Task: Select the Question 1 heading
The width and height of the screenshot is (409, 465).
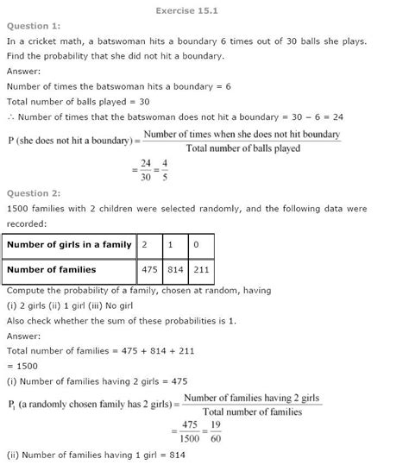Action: [x=31, y=27]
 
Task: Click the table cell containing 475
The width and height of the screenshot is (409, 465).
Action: [x=153, y=270]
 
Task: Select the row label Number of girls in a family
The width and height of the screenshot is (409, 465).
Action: [x=69, y=245]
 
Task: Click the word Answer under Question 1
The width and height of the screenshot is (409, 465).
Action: [x=23, y=72]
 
